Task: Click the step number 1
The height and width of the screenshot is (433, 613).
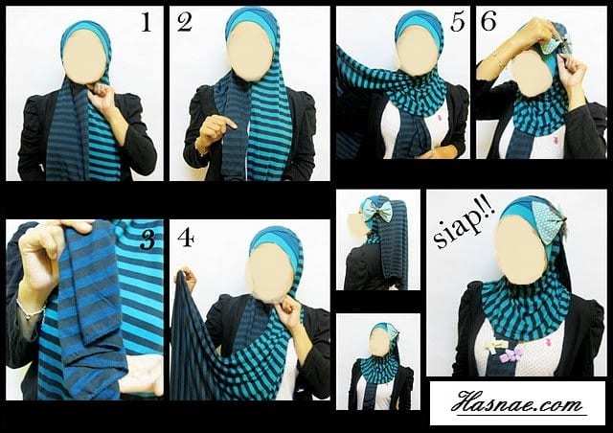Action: click(147, 22)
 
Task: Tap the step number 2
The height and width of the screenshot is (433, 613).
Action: click(184, 22)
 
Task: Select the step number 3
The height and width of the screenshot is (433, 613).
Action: click(148, 239)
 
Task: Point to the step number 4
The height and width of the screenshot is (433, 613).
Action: click(186, 238)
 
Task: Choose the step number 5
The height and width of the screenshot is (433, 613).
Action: click(458, 21)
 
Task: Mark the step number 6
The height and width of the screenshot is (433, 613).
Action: click(488, 21)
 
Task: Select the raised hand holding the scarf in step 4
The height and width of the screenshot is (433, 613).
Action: click(188, 277)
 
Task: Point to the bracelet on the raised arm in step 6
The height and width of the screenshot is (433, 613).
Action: click(500, 58)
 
